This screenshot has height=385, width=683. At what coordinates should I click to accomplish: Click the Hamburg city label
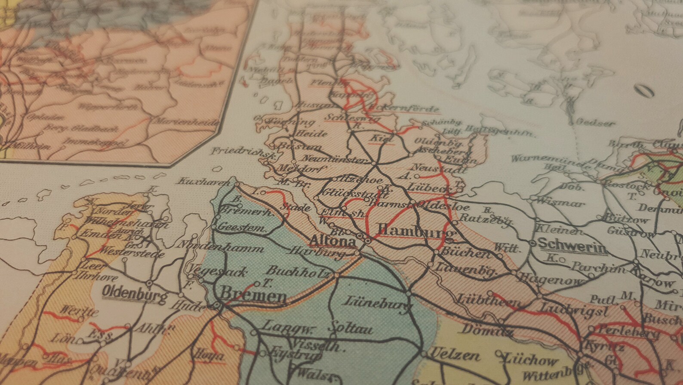click(x=415, y=231)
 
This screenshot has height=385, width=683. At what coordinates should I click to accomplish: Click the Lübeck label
click(x=431, y=188)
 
